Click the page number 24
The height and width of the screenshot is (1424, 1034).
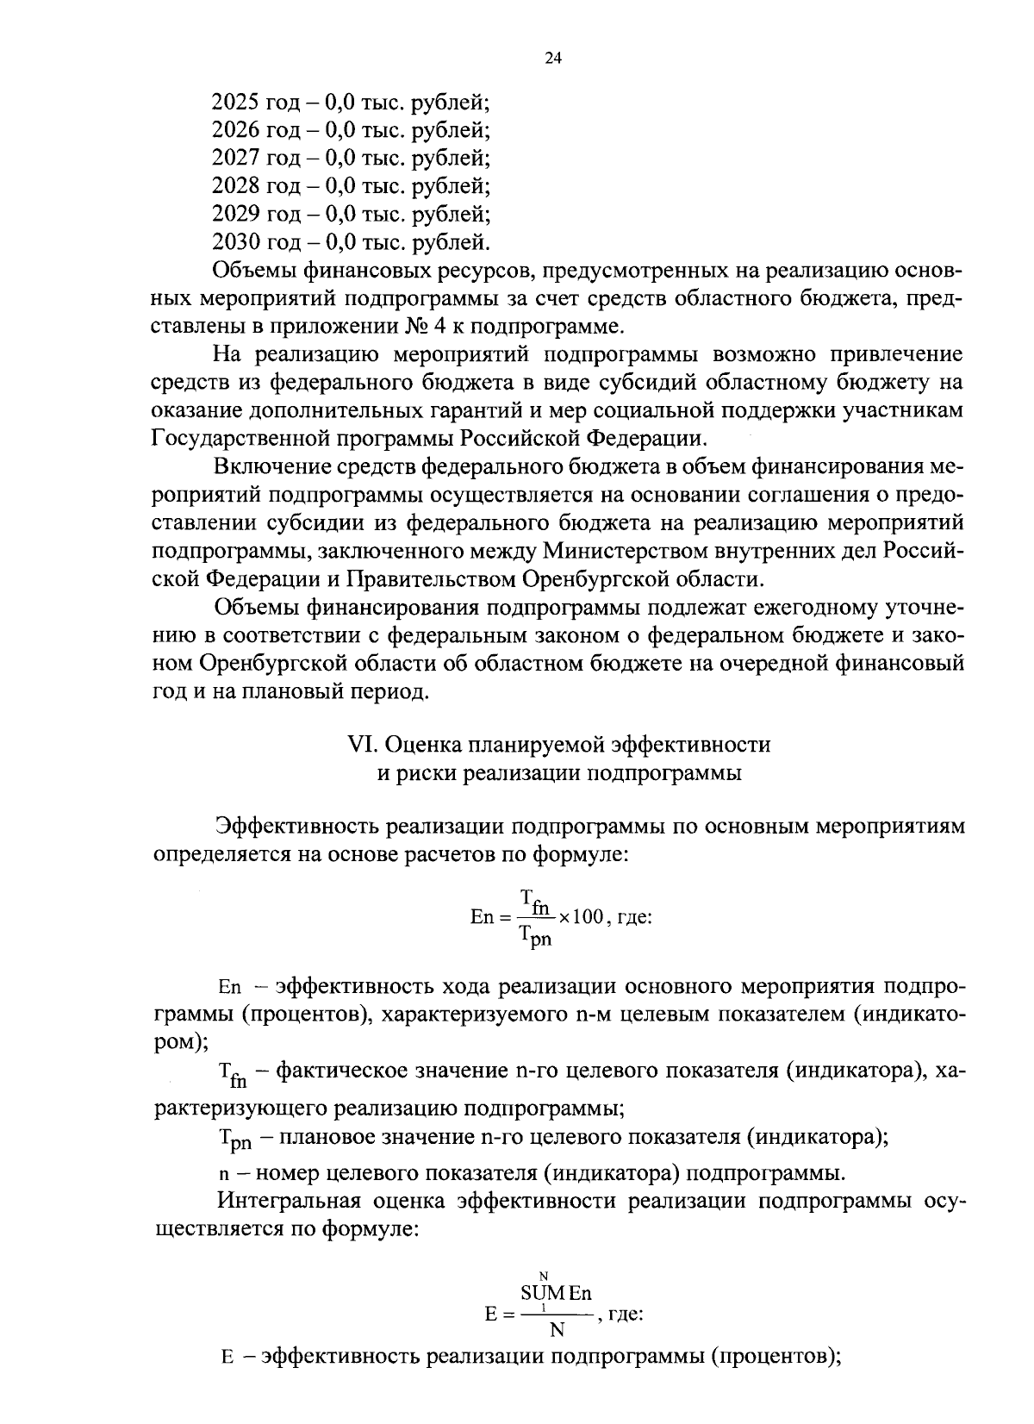(x=552, y=59)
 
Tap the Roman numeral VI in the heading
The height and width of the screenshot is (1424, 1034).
(x=358, y=744)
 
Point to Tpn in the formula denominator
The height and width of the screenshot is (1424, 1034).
(x=536, y=935)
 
